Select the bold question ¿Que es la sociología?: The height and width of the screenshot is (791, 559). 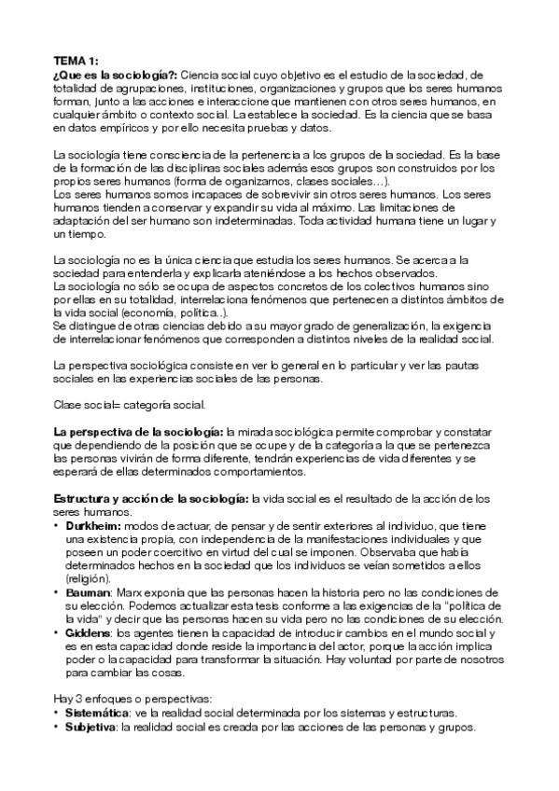tap(116, 74)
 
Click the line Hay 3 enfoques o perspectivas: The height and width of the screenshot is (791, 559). tap(141, 699)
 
